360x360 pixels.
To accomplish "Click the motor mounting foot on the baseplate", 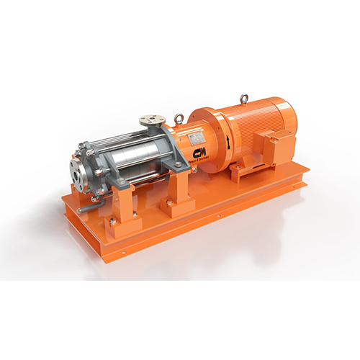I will (x=238, y=171).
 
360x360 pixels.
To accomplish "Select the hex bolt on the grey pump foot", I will (x=179, y=165).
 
